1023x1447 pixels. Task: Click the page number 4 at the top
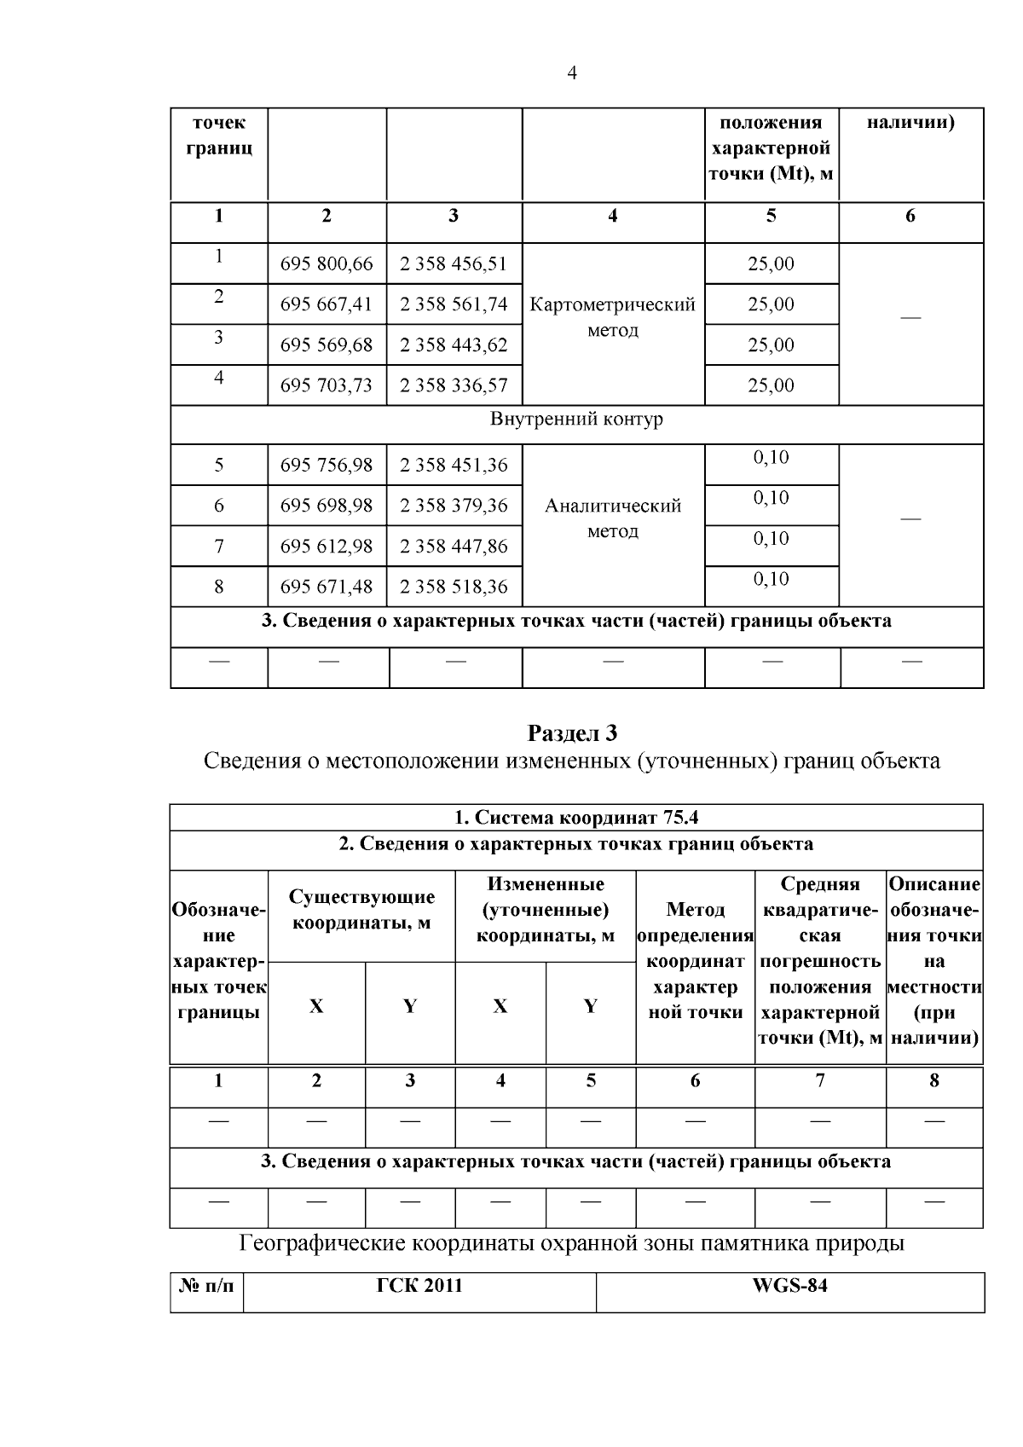click(572, 74)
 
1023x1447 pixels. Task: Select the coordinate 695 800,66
click(327, 264)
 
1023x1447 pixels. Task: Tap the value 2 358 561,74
click(454, 304)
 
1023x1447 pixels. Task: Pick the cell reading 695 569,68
click(327, 345)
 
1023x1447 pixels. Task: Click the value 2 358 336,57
click(454, 385)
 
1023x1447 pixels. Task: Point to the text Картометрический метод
click(613, 317)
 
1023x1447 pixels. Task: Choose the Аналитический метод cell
click(613, 518)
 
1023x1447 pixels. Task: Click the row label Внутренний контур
click(576, 420)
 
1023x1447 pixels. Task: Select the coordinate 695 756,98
click(327, 466)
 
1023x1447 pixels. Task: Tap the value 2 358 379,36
click(454, 506)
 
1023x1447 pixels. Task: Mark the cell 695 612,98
click(327, 547)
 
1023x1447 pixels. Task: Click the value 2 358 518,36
click(454, 587)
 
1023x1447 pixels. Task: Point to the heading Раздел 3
click(572, 733)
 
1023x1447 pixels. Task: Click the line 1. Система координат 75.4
click(576, 818)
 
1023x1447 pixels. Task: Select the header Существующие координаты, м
click(361, 910)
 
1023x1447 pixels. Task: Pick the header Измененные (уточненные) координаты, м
click(546, 910)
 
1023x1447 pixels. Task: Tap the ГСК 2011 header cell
click(419, 1286)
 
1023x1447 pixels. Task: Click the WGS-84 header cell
click(789, 1286)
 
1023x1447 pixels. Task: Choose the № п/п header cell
click(206, 1286)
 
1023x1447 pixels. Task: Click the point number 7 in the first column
click(219, 547)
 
